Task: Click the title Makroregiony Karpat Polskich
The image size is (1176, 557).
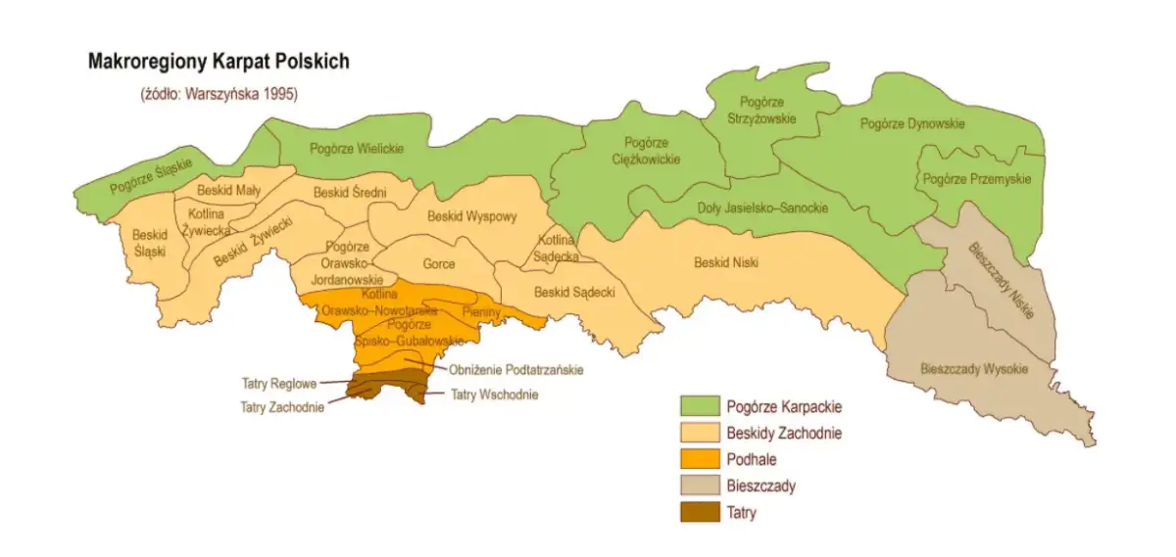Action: click(x=218, y=62)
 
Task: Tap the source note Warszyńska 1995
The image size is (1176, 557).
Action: click(x=218, y=95)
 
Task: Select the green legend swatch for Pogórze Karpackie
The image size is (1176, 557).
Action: click(x=699, y=405)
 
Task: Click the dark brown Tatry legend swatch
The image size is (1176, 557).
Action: click(x=699, y=511)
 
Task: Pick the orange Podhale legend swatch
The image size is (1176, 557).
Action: click(x=699, y=458)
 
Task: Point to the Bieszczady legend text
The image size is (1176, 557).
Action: click(x=761, y=486)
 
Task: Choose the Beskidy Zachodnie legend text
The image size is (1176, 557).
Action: click(x=784, y=433)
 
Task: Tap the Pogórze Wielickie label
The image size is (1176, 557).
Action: click(x=356, y=149)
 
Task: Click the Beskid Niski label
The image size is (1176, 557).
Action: click(x=726, y=262)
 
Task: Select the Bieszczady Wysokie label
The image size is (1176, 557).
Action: click(x=974, y=369)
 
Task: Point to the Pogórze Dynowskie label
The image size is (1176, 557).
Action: click(x=912, y=124)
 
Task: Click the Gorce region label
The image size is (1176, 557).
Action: click(x=438, y=263)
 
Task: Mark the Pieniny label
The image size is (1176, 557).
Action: click(x=481, y=311)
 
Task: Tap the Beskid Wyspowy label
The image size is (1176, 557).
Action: click(x=471, y=216)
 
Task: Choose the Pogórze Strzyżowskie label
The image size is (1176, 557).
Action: click(x=762, y=109)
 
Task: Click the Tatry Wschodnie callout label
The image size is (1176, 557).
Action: click(x=494, y=395)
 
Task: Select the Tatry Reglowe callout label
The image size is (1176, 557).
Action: click(x=279, y=384)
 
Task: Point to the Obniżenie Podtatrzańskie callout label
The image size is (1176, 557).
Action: click(x=515, y=370)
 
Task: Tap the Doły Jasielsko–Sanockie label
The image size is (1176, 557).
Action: click(x=762, y=208)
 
